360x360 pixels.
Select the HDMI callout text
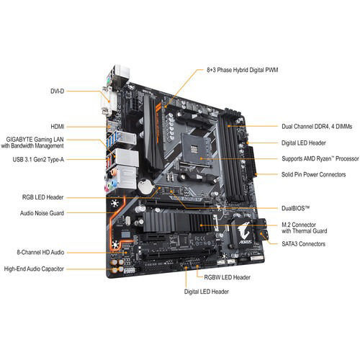[55, 126]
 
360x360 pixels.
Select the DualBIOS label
[297, 207]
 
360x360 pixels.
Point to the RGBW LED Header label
[226, 277]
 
